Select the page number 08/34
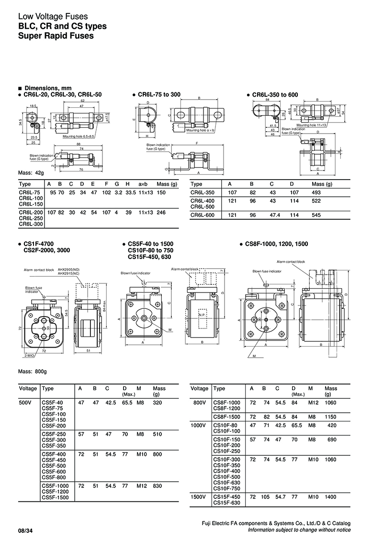tap(26, 530)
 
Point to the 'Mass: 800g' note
tap(32, 371)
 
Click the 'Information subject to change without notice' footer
tap(299, 530)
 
